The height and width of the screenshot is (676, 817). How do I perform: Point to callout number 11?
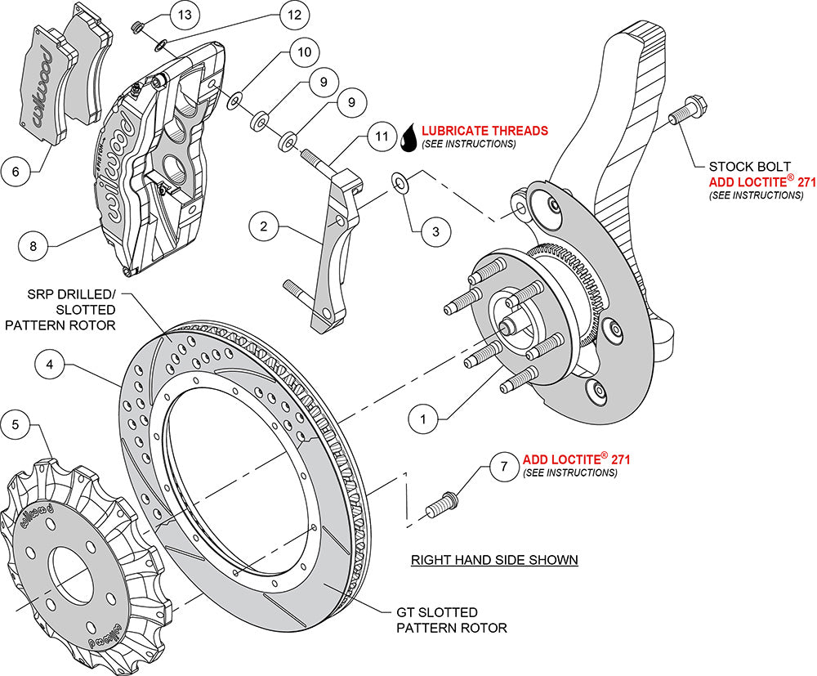380,136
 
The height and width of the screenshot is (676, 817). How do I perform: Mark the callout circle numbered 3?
436,231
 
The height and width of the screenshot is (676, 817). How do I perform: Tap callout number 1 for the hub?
423,419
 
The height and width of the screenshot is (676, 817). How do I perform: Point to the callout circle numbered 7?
504,467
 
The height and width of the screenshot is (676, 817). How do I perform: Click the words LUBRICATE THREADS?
485,130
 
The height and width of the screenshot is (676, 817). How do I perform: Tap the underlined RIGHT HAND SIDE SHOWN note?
494,560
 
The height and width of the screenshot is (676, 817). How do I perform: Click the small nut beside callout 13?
139,29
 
